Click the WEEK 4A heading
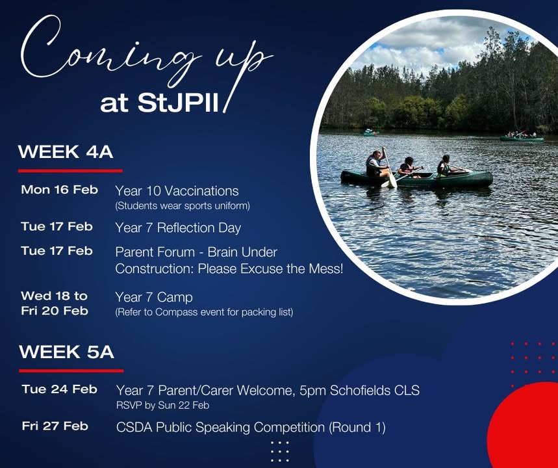(66, 152)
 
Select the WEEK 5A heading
(66, 352)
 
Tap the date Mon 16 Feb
(59, 190)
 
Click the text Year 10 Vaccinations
(177, 191)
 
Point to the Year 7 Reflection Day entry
(178, 228)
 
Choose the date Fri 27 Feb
(55, 426)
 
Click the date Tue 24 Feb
(59, 389)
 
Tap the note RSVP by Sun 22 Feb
(162, 406)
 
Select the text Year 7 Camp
(154, 297)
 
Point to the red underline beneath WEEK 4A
(70, 171)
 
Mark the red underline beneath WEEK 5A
(71, 370)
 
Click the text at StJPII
(159, 103)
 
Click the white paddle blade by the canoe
(392, 181)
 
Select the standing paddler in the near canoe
(375, 164)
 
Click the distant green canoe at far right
(522, 138)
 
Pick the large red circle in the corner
(523, 426)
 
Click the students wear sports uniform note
(183, 206)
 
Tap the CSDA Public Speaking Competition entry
(251, 428)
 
